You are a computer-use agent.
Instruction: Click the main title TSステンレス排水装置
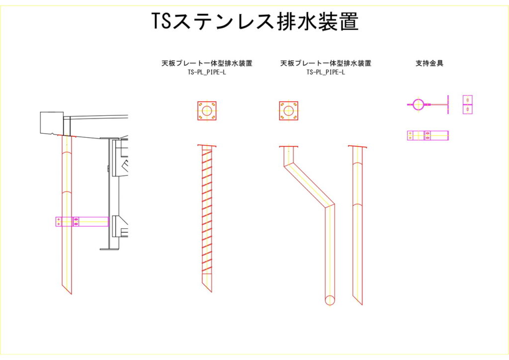click(x=254, y=21)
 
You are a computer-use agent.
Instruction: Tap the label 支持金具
click(x=429, y=63)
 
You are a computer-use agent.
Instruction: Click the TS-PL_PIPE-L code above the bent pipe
click(x=326, y=72)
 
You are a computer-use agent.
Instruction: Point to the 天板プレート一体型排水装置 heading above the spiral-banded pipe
click(x=207, y=63)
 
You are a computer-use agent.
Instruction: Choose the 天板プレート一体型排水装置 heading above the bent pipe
click(x=326, y=63)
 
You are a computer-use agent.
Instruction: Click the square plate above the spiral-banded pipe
click(x=207, y=111)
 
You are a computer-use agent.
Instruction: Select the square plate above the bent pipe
click(x=288, y=111)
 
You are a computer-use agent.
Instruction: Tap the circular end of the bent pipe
click(x=330, y=300)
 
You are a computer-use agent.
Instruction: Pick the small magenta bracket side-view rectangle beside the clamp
click(x=467, y=104)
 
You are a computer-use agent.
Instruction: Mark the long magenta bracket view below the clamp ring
click(x=427, y=135)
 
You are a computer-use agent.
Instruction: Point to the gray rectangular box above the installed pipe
click(x=52, y=123)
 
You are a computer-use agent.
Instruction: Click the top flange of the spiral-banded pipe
click(x=207, y=146)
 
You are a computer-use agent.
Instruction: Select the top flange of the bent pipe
click(x=288, y=147)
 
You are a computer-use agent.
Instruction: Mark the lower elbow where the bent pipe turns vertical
click(x=330, y=205)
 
